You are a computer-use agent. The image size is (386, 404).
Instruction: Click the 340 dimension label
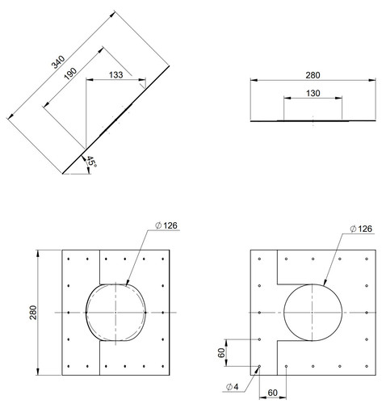pos(58,62)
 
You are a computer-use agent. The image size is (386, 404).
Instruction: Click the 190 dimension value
pos(70,74)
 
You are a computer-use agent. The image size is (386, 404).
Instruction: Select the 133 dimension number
pos(116,75)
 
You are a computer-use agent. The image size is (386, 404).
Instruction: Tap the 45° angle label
pos(91,162)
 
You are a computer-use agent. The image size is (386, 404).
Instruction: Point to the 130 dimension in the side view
pos(313,93)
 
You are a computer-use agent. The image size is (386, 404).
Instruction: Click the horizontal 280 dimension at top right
pos(313,75)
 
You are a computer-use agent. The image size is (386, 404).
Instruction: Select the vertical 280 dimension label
pos(33,313)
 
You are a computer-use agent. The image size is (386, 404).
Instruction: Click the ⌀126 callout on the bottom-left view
pos(166,225)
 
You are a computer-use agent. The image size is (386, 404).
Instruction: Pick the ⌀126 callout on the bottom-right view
pos(361,229)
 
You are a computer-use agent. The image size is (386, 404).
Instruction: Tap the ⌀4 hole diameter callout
pos(233,387)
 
